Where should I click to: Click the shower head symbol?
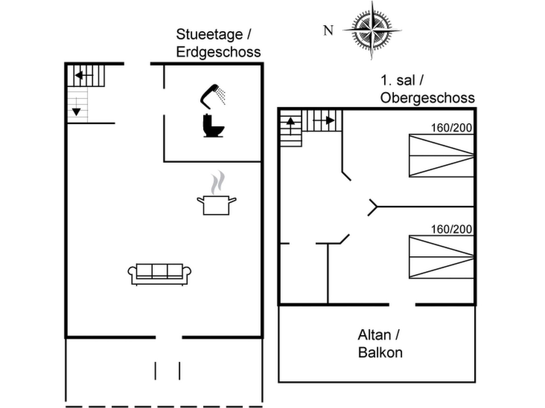coord(212,96)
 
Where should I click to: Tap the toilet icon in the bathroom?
coord(213,126)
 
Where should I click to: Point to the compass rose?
coord(372,30)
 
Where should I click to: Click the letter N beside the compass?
coord(328,30)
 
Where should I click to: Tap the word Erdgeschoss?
coord(218,52)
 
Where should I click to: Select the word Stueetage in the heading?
coord(209,35)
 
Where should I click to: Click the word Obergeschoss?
coord(427,98)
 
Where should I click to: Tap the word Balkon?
coord(380,353)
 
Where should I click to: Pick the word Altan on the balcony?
coord(374,335)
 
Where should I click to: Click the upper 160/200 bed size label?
coord(451,128)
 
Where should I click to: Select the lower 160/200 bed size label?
coord(451,229)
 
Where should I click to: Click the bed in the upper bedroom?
coord(441,156)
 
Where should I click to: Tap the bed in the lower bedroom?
coord(441,257)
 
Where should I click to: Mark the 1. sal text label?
coord(398,80)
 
